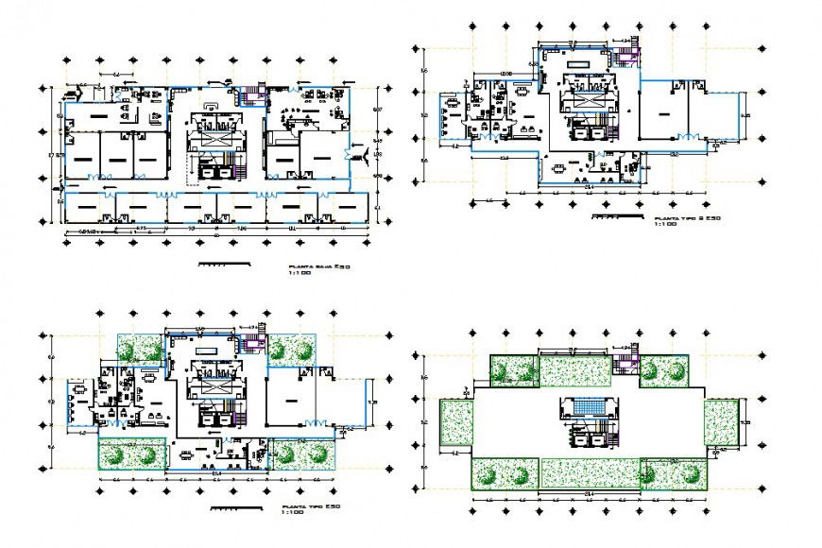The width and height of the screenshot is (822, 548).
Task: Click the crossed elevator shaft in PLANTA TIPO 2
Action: (585, 104)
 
